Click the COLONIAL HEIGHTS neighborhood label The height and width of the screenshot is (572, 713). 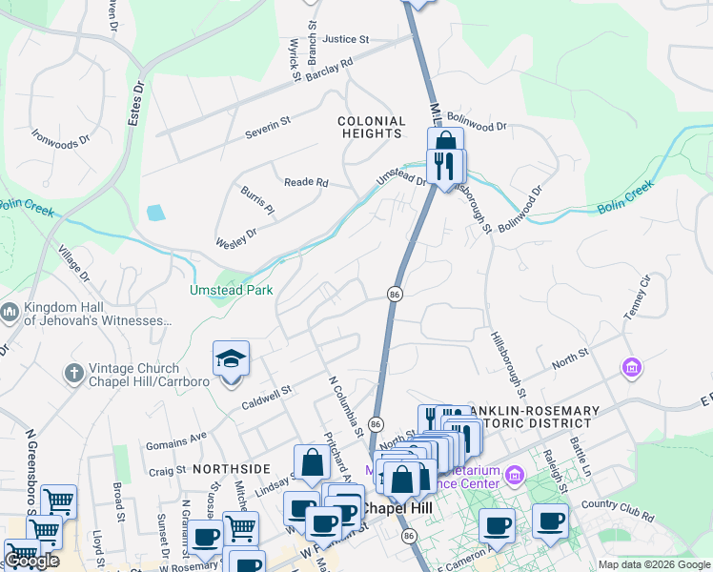point(371,128)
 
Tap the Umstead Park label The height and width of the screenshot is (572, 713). point(232,290)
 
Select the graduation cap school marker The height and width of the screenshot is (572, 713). point(231,359)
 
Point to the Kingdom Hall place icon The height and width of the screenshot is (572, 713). point(10,312)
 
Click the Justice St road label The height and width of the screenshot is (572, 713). point(345,40)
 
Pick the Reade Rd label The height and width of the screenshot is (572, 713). point(306,182)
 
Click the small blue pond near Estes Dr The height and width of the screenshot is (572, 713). point(155,213)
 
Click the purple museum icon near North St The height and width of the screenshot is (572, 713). point(630,367)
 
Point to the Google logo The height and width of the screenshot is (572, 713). point(31,561)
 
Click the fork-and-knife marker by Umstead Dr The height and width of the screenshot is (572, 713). point(446,166)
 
